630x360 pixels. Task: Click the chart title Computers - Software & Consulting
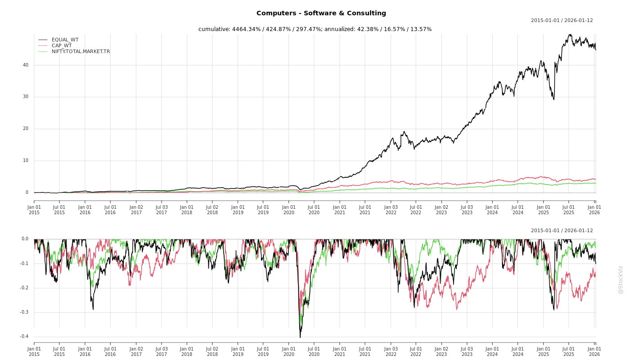point(321,13)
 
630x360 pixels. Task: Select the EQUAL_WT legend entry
point(65,40)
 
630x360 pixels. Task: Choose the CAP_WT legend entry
point(62,46)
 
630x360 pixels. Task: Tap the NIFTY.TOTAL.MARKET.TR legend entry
point(81,52)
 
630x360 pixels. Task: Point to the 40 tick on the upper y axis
point(26,65)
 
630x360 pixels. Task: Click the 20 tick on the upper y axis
point(26,129)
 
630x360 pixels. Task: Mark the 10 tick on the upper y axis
point(26,161)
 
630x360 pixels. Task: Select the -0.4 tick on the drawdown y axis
point(24,337)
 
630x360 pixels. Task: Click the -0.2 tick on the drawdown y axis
point(24,288)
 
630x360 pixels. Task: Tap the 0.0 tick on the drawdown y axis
point(25,239)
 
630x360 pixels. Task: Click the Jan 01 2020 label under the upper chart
point(289,210)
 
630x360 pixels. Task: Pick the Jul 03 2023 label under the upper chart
point(467,210)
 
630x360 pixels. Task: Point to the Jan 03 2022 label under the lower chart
point(391,351)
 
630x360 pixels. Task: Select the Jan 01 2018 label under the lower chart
point(187,351)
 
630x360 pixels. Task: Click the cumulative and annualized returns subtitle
point(315,29)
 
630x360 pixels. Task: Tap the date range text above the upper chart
point(562,21)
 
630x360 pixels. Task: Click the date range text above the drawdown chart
point(562,231)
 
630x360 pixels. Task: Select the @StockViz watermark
point(621,279)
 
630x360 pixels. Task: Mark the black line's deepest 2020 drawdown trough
point(300,337)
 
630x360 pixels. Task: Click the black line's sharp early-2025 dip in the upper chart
point(553,99)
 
